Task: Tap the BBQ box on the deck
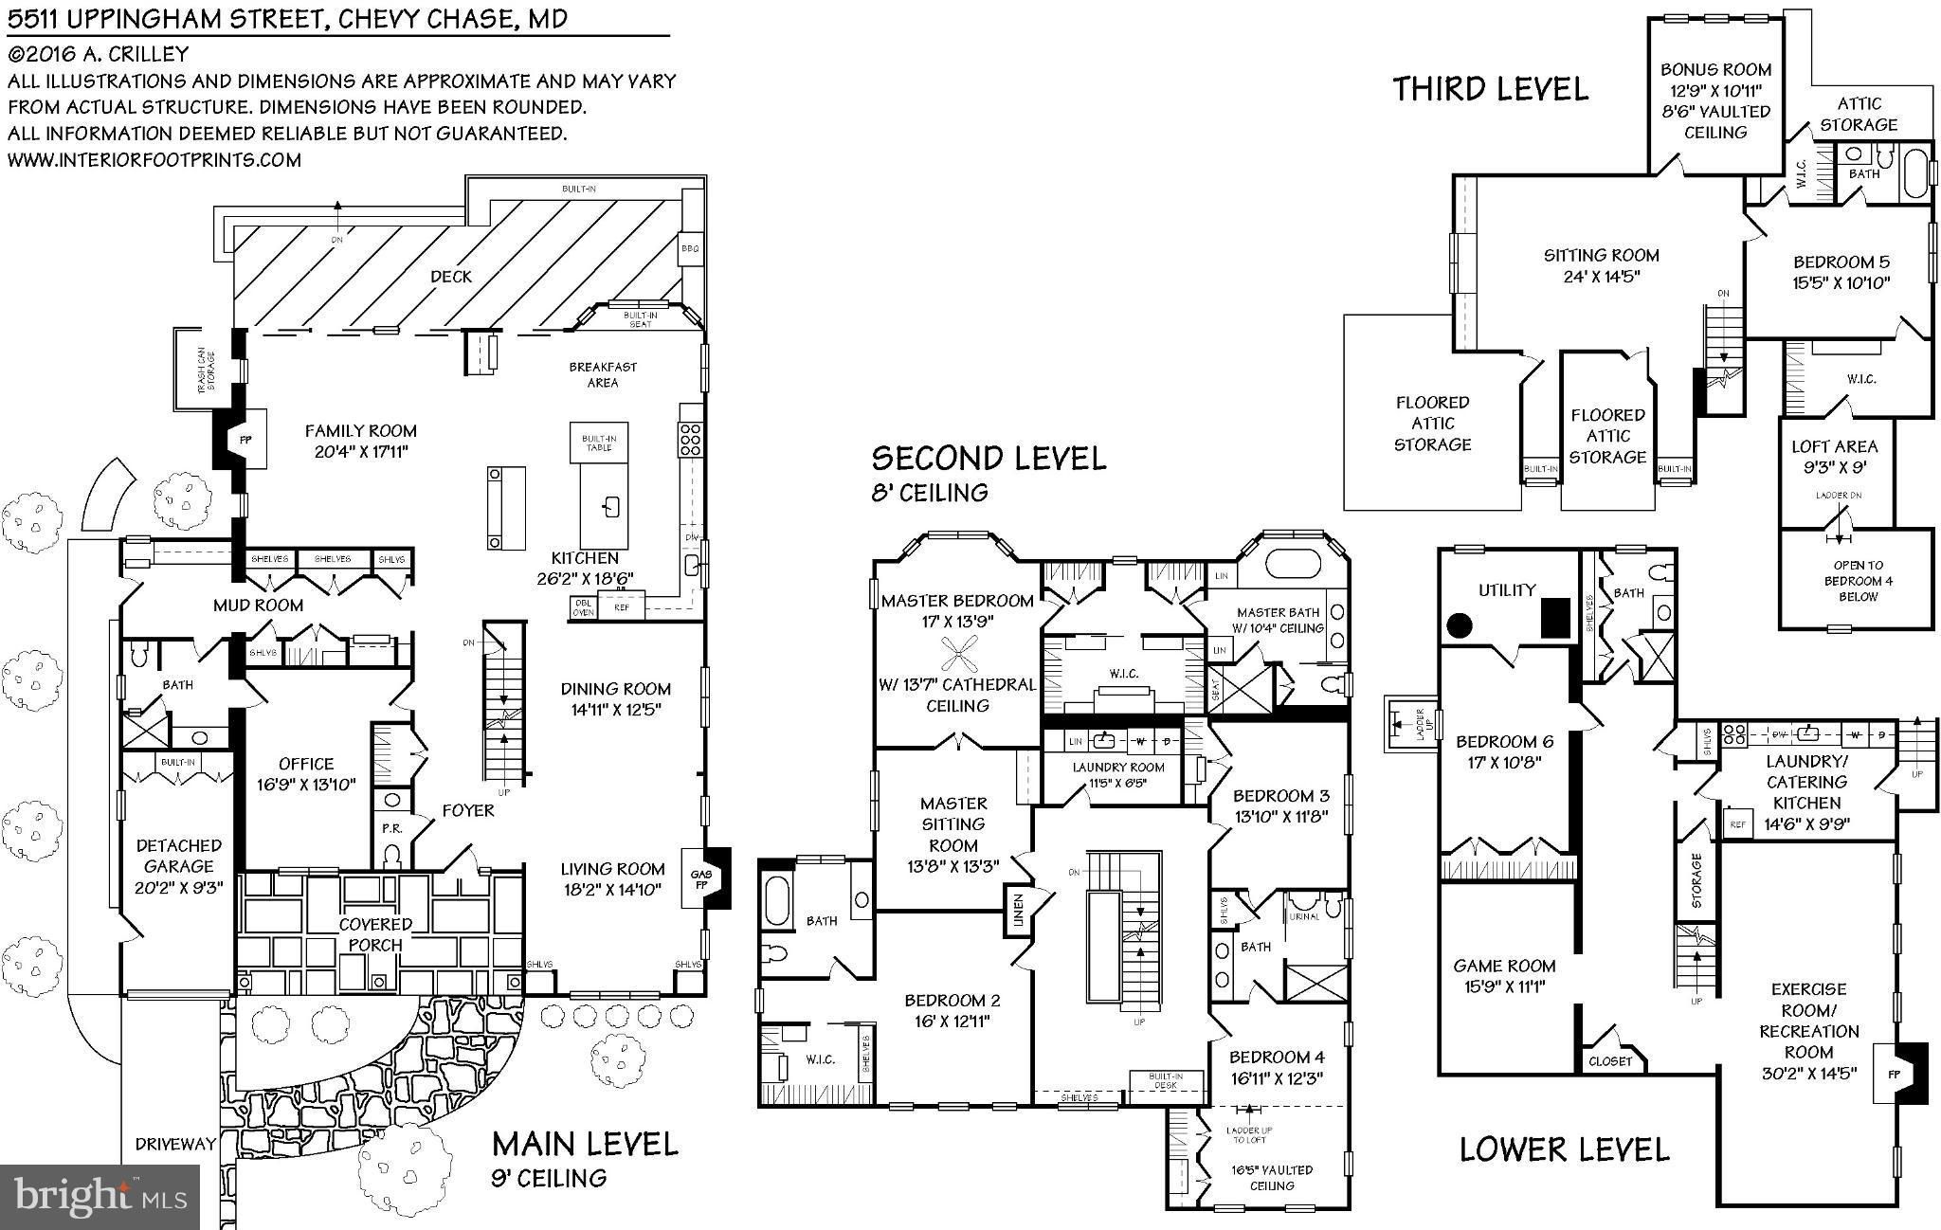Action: click(x=689, y=248)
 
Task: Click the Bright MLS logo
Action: click(x=100, y=1196)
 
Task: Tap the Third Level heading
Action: click(x=1490, y=89)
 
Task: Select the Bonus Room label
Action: click(x=1715, y=69)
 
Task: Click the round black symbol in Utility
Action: click(x=1460, y=625)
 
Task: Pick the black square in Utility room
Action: click(x=1555, y=618)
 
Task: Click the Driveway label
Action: click(x=175, y=1144)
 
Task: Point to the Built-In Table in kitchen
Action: click(x=599, y=443)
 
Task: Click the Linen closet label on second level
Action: click(x=1019, y=910)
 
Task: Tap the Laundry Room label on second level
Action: click(x=1118, y=768)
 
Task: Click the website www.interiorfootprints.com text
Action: click(x=154, y=160)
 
